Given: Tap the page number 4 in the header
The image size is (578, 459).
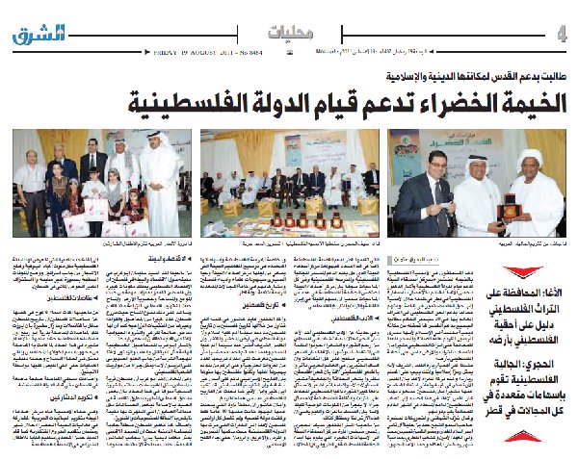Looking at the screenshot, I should pos(562,35).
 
